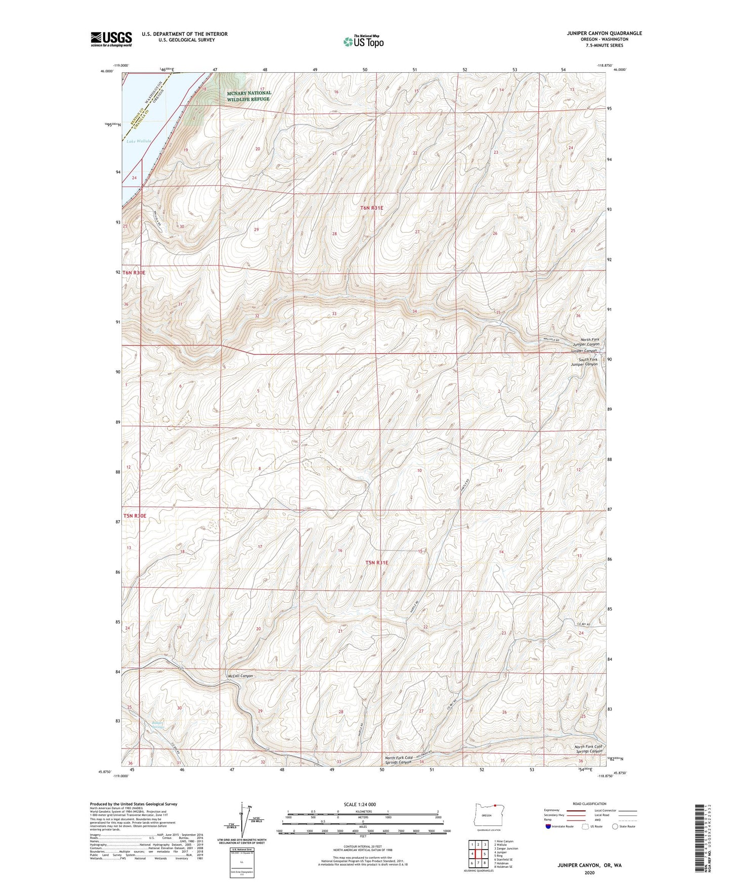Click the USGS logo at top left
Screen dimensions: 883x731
[x=111, y=39]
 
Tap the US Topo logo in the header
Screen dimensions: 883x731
[x=363, y=41]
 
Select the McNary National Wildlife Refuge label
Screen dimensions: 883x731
[x=248, y=96]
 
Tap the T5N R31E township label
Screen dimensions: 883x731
[x=376, y=562]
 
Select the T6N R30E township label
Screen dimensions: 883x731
[x=134, y=273]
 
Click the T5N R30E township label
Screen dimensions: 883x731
[x=134, y=516]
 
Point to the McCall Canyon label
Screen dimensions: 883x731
[x=240, y=676]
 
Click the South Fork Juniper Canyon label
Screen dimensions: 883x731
[x=584, y=362]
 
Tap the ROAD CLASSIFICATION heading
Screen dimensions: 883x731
[x=590, y=804]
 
